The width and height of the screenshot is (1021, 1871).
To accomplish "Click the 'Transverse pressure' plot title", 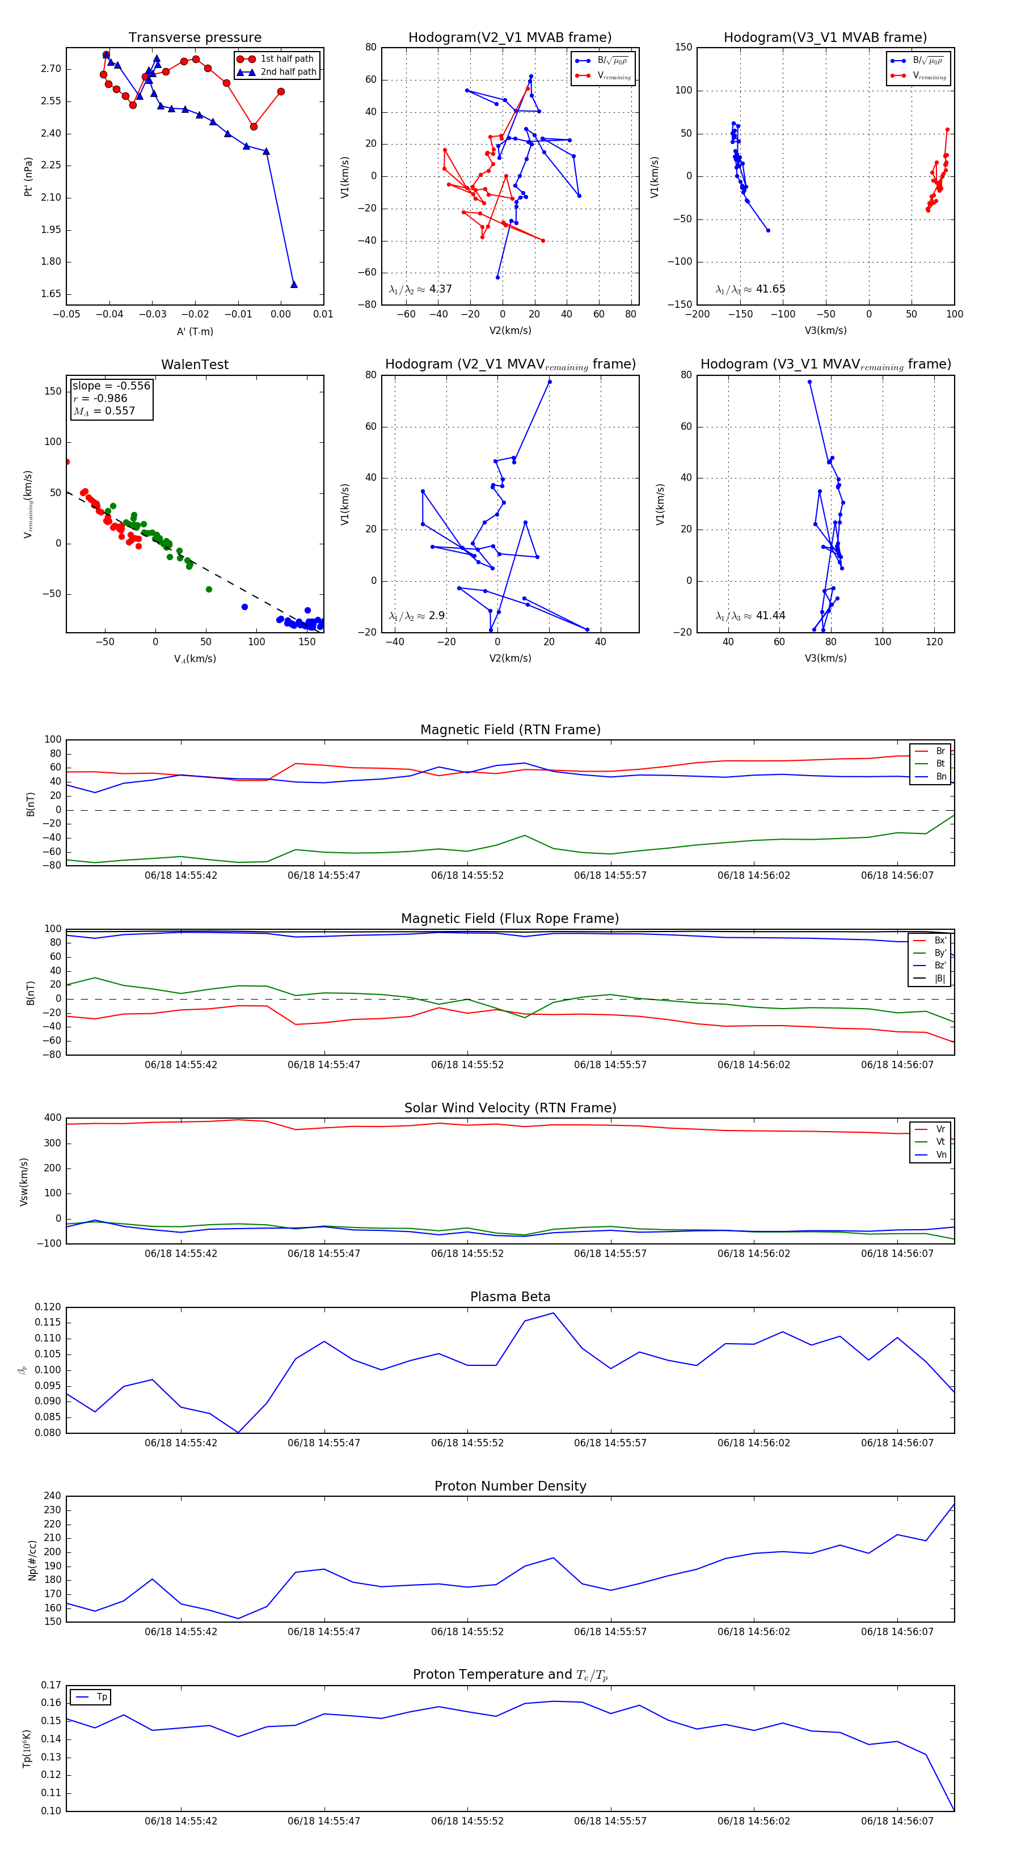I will pos(195,38).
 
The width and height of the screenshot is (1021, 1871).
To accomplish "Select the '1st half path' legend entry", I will pos(286,59).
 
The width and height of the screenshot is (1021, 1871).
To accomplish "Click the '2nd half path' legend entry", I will pos(288,72).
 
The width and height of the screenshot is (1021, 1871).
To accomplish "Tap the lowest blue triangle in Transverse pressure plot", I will pos(294,285).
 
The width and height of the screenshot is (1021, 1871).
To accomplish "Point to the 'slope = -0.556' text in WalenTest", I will pos(111,386).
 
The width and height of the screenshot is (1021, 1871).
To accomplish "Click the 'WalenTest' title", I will pos(195,365).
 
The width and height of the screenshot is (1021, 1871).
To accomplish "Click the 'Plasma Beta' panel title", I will pos(510,1297).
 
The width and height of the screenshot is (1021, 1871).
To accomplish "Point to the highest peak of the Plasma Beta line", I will pos(554,1313).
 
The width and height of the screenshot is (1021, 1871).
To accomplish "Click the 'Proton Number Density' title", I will pos(510,1486).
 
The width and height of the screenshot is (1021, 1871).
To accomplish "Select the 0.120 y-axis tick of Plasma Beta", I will pos(48,1307).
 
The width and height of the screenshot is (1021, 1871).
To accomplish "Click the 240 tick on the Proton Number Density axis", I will pos(52,1496).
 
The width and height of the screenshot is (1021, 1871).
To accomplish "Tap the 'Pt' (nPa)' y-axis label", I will pos(28,176).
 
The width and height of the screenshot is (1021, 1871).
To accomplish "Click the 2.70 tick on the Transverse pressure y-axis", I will pos(51,69).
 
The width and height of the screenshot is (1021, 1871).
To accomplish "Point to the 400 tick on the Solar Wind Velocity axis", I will pos(52,1118).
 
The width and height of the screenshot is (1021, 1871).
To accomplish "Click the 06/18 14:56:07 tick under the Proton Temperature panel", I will pos(897,1821).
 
